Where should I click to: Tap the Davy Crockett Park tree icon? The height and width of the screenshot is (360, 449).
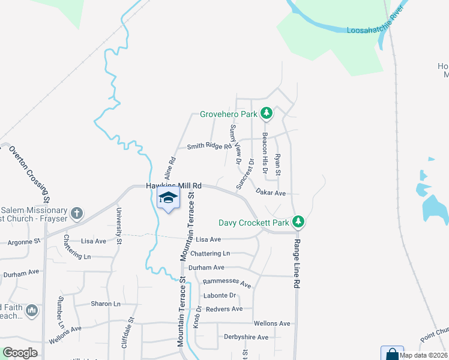298,223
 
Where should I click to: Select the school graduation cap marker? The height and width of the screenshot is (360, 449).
169,199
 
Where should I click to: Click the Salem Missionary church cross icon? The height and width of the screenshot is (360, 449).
76,213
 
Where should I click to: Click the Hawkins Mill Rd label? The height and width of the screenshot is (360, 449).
174,187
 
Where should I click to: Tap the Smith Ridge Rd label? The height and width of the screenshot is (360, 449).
209,146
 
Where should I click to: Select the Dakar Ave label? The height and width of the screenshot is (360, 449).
270,193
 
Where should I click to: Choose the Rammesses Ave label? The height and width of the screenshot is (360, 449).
226,282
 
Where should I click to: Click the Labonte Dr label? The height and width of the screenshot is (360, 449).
220,295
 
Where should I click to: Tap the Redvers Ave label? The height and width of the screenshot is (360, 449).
224,309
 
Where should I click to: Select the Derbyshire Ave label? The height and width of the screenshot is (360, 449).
246,337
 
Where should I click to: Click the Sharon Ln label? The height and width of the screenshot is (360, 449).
105,304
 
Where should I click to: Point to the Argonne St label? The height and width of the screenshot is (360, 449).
23,242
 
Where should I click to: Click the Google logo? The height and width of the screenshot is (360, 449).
20,353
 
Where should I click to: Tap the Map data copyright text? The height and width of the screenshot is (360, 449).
423,355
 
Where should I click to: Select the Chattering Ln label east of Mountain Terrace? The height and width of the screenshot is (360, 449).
209,254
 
